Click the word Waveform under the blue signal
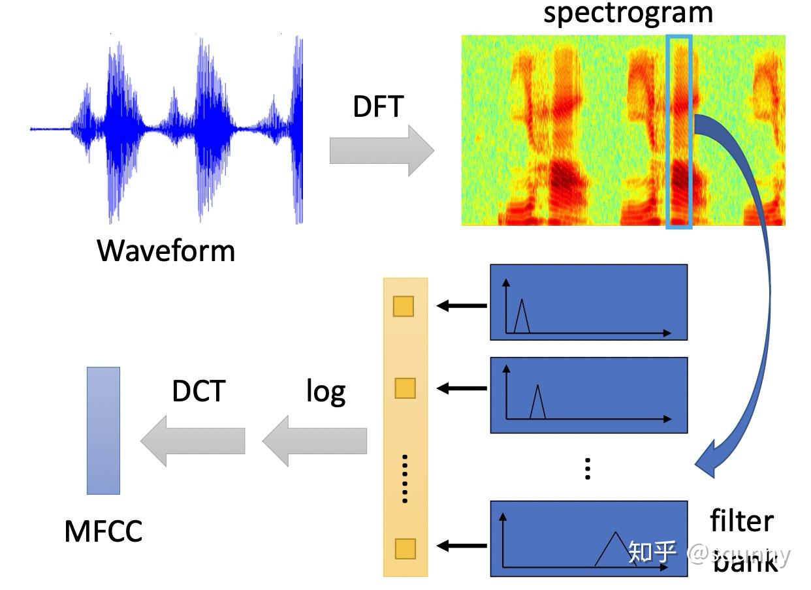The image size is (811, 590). coord(166,251)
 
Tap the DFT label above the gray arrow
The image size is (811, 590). coord(378,106)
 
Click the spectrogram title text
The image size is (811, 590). coord(628,13)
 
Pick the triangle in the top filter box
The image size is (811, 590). coord(521,317)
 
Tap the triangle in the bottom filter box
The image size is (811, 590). coord(614,550)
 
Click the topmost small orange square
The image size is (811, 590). coord(404,306)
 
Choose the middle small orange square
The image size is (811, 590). coord(405,388)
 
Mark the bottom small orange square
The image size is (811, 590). coord(405,548)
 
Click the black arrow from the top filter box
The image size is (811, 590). coord(462,305)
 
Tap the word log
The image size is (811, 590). coord(326,392)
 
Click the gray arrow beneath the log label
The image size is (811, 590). coord(315,441)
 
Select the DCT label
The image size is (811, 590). coord(199,391)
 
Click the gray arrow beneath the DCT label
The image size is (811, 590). coord(193,441)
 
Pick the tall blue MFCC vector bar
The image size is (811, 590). coord(103,430)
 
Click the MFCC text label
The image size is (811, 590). coord(103,531)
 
